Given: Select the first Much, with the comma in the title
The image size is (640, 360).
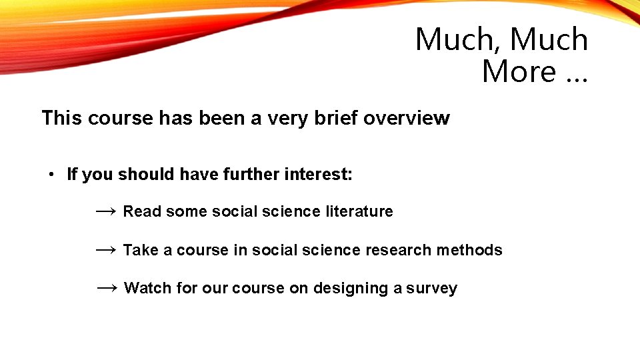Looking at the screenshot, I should [457, 39].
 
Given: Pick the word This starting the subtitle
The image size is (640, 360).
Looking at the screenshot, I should [62, 118].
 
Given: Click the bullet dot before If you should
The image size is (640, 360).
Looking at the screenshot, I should [51, 175].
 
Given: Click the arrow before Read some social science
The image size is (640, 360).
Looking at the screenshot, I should [106, 211].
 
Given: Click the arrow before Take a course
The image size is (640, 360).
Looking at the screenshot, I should [106, 250].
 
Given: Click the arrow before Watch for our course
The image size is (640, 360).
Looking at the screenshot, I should [107, 288].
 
